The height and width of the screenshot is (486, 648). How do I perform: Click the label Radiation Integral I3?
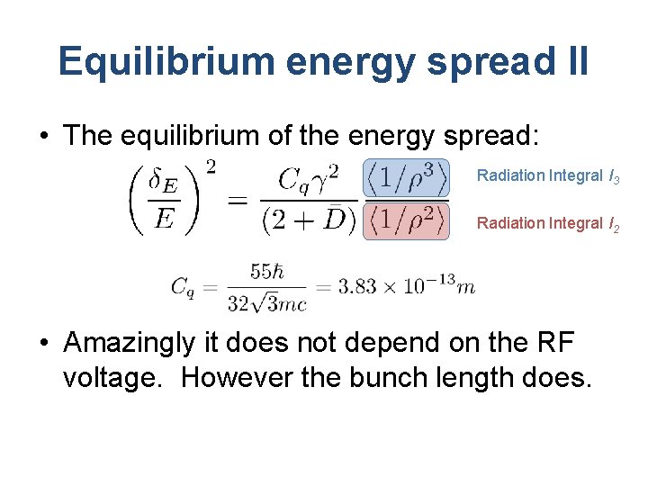(x=547, y=176)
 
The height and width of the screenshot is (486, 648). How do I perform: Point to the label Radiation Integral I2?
(x=547, y=223)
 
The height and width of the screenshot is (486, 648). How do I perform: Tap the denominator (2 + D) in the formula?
(x=307, y=220)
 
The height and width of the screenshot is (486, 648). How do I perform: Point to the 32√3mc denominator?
(x=266, y=304)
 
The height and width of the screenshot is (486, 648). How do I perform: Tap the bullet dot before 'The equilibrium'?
(x=43, y=137)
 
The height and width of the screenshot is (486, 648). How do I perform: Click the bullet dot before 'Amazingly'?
(x=43, y=345)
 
